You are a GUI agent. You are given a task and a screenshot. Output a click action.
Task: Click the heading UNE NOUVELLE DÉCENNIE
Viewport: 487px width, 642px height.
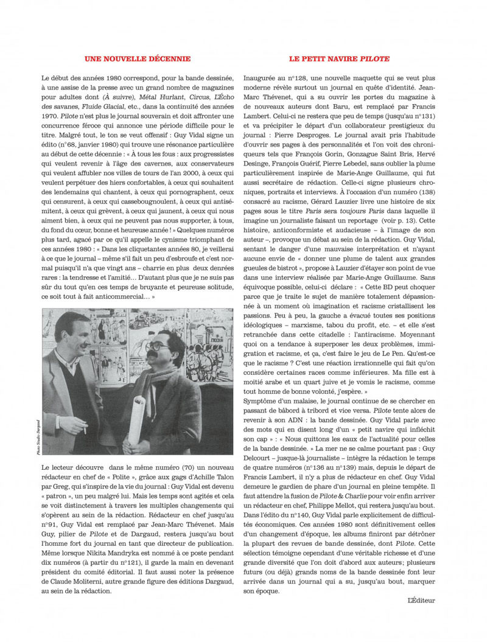tap(137, 59)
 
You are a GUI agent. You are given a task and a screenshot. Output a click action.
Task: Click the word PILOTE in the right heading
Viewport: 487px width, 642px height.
tap(375, 59)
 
